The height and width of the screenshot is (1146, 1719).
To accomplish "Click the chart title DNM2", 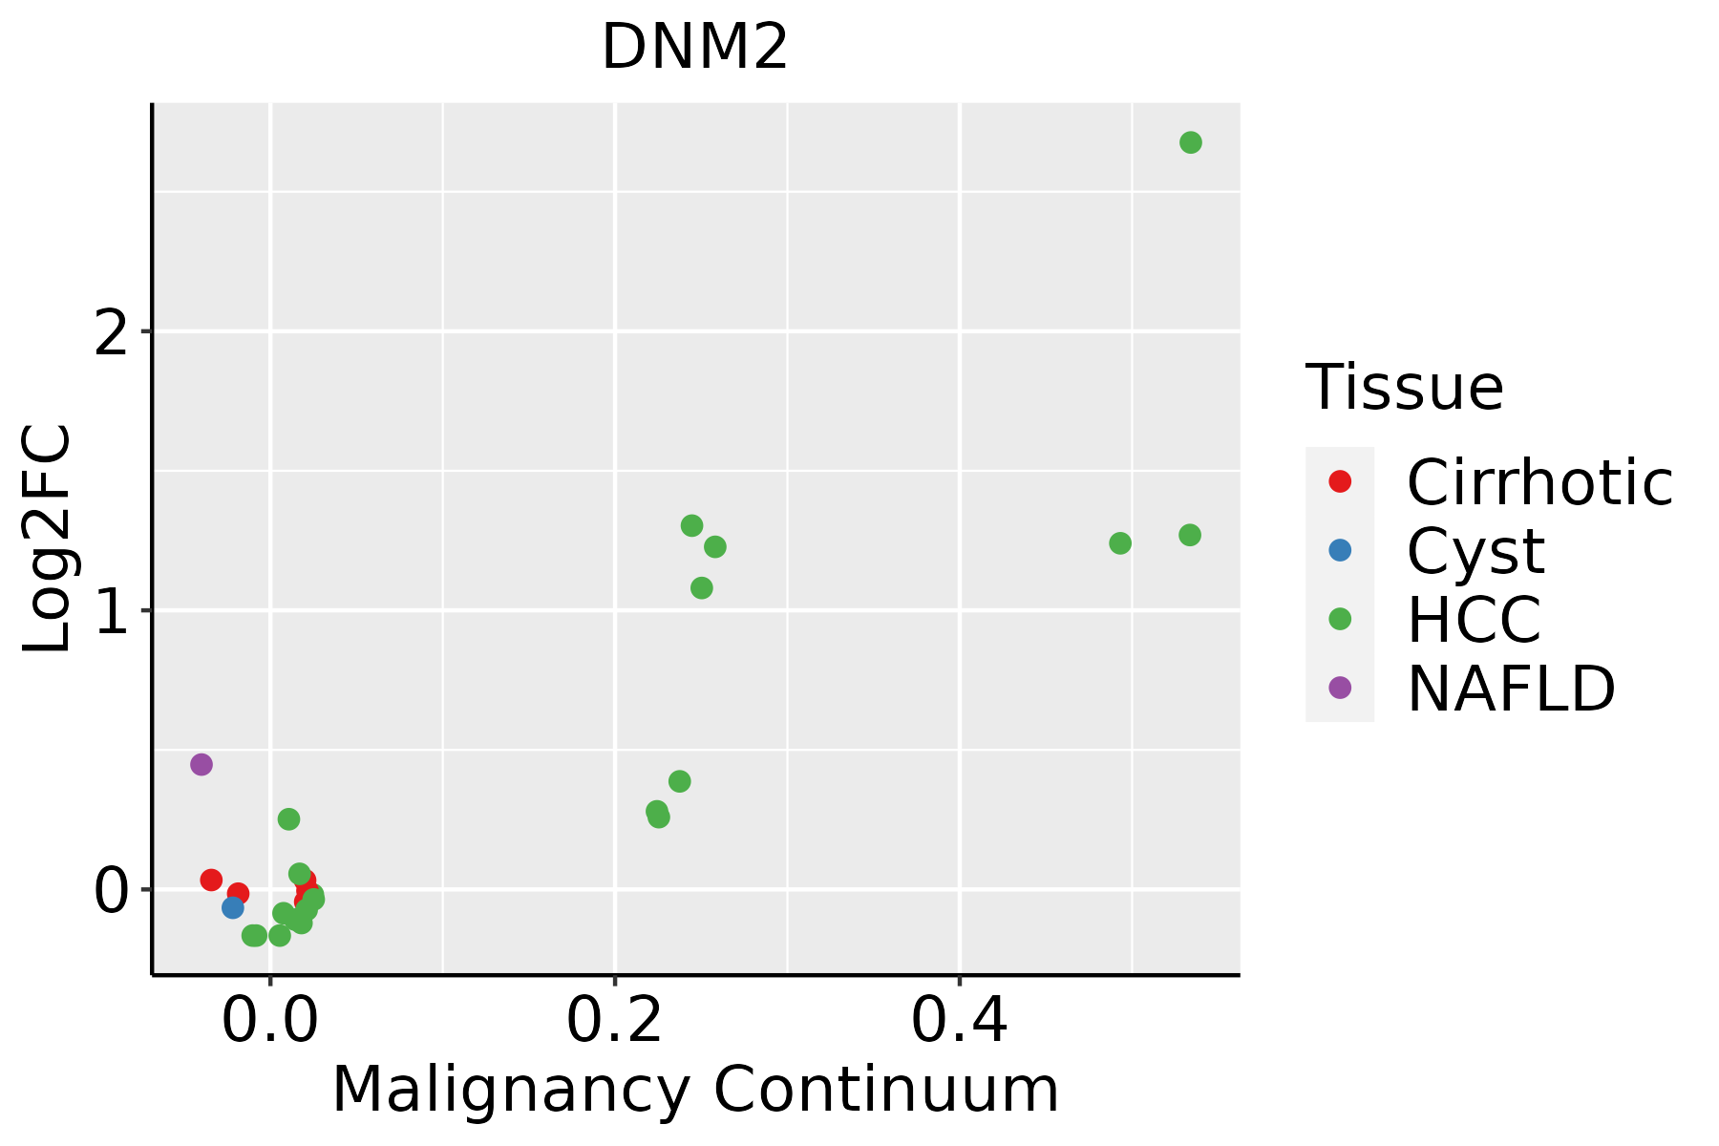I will click(694, 47).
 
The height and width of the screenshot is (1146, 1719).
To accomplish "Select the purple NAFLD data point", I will click(201, 764).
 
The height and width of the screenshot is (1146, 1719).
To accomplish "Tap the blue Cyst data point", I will click(233, 907).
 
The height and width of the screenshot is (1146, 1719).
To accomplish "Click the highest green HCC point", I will click(1190, 142).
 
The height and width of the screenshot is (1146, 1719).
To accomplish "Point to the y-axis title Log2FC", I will click(48, 539).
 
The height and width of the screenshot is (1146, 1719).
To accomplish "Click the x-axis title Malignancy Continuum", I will click(694, 1090).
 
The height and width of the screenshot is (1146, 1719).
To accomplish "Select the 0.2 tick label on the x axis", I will click(615, 1021).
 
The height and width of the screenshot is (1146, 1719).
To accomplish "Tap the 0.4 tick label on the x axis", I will click(959, 1021).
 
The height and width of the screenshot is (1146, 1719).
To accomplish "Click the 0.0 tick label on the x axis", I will click(270, 1021).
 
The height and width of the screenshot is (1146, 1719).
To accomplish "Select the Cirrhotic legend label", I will click(1539, 482).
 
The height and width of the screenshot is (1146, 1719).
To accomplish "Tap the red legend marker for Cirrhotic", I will click(1340, 481).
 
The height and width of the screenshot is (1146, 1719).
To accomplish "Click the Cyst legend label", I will click(1475, 551).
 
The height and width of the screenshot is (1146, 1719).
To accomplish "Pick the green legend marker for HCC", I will click(1340, 619).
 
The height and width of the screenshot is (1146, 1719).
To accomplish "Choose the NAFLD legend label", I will click(1511, 688).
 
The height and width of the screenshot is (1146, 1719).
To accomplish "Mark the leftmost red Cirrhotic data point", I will click(211, 880).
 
